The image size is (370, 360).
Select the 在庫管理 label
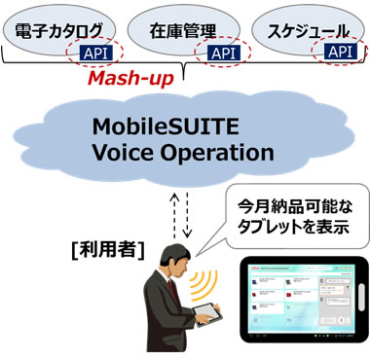click(x=186, y=29)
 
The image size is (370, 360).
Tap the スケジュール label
click(x=310, y=29)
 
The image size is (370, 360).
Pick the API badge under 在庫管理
click(x=224, y=51)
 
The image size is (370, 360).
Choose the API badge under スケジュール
click(x=340, y=51)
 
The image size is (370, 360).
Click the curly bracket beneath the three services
click(x=185, y=65)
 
